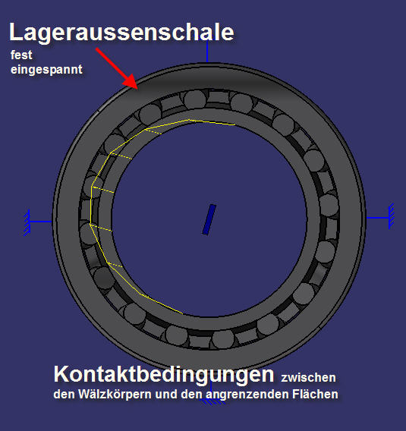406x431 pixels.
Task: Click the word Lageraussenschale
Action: pos(121,33)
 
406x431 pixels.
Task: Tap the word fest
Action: pos(21,55)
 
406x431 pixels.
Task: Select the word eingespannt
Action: pos(46,70)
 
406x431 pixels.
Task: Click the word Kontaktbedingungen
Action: pos(164,374)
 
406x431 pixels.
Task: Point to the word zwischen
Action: pos(308,378)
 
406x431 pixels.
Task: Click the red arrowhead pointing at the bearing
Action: pos(131,81)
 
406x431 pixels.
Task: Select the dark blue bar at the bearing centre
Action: pos(209,219)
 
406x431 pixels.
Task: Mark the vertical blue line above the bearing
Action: pos(207,52)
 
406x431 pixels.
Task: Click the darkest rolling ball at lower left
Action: pos(104,278)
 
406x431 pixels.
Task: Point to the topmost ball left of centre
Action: pos(195,99)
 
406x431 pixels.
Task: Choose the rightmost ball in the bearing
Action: pos(329,205)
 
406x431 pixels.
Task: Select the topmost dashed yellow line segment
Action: pos(153,131)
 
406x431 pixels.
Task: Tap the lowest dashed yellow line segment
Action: pos(115,265)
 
